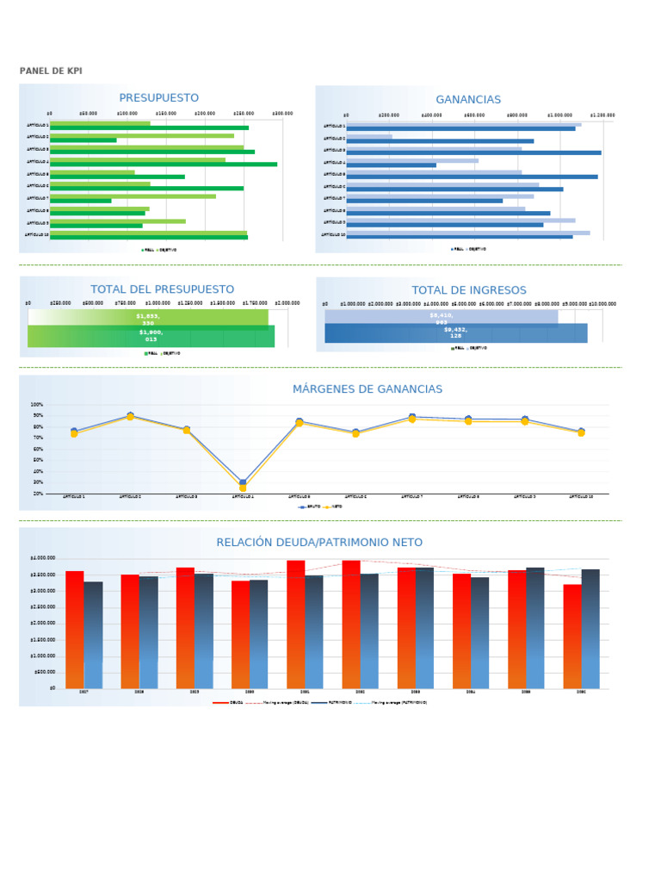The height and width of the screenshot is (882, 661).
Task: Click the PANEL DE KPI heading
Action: click(51, 71)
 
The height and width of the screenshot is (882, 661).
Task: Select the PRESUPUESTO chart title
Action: click(158, 98)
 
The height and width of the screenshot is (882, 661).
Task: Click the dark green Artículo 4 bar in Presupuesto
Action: click(164, 164)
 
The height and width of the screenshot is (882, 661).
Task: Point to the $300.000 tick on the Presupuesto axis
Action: click(282, 113)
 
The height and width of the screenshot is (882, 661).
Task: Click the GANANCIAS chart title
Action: click(468, 100)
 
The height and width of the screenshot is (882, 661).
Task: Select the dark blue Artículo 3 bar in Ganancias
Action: click(473, 152)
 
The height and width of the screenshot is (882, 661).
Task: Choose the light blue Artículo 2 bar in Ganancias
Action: click(369, 136)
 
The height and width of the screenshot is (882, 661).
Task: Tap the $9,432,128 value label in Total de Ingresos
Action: click(456, 332)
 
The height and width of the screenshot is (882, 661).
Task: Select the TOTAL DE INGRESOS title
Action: click(468, 290)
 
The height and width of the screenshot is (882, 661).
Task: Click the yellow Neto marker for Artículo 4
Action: click(243, 488)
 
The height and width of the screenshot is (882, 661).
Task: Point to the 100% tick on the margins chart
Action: click(37, 405)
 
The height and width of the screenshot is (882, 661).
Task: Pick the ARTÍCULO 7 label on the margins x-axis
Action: click(412, 497)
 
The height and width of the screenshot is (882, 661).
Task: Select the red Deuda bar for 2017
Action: click(75, 629)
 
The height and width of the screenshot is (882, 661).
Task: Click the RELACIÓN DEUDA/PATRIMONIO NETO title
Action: click(319, 543)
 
